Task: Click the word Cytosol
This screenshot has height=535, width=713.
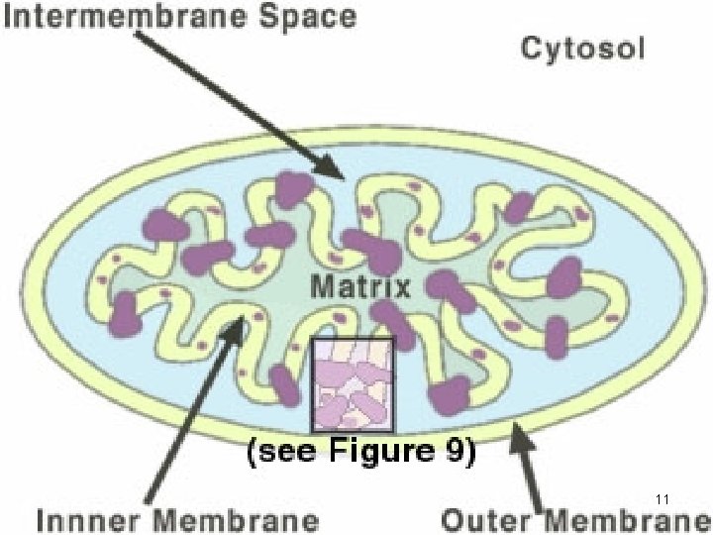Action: (582, 48)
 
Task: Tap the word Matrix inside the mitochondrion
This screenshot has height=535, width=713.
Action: (360, 287)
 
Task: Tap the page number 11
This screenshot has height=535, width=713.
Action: (663, 497)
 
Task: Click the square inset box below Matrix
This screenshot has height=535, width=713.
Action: (354, 383)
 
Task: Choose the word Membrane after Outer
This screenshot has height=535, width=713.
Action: (627, 519)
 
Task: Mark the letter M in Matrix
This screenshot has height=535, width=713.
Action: (322, 287)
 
